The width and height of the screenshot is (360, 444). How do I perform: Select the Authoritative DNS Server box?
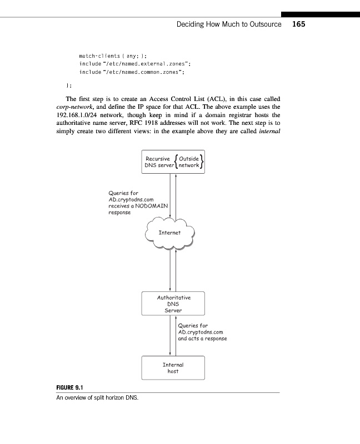pyautogui.click(x=173, y=304)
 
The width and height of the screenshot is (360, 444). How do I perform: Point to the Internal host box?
pyautogui.click(x=173, y=367)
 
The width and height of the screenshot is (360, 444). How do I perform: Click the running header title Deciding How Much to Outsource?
pyautogui.click(x=228, y=24)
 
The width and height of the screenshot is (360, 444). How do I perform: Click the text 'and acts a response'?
pyautogui.click(x=202, y=338)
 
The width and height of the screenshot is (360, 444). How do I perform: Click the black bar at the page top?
pyautogui.click(x=320, y=13)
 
